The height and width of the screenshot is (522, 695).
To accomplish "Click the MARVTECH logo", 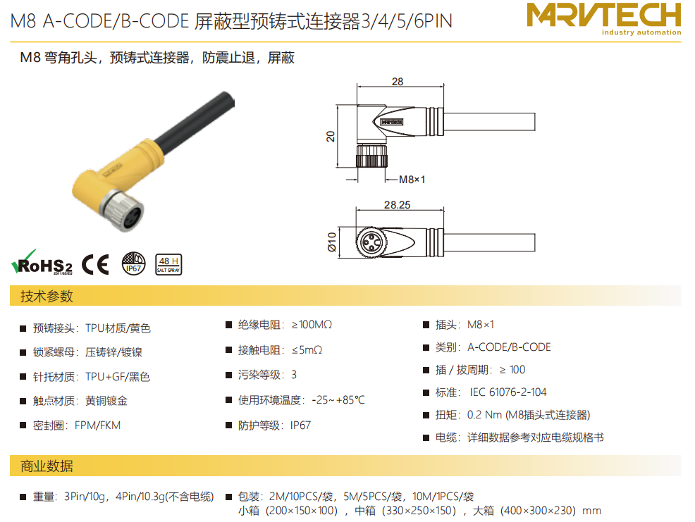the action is [x=603, y=18].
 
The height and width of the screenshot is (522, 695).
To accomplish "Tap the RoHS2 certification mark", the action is [x=42, y=262].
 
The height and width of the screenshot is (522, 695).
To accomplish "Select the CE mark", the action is [x=95, y=265].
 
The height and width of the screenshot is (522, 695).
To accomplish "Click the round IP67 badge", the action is [x=133, y=263].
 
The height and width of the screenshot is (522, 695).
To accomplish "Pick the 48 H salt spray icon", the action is [x=168, y=265].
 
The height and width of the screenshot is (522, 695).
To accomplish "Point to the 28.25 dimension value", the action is [x=397, y=205].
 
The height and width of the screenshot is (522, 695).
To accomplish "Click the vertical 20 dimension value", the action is [x=331, y=136].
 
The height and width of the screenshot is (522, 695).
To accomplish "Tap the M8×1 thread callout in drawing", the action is [x=412, y=180].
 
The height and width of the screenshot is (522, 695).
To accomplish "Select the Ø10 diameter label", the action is [x=331, y=242].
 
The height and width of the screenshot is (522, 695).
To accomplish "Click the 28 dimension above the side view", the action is [x=398, y=82].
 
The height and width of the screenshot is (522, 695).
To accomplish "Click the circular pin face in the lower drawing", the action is [x=371, y=242].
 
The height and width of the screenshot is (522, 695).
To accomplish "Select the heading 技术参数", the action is [x=47, y=296].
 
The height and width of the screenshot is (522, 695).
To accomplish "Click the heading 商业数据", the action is [x=47, y=466].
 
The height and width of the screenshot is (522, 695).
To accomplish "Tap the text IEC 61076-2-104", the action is [x=508, y=392].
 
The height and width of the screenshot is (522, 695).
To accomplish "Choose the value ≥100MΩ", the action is [x=312, y=325].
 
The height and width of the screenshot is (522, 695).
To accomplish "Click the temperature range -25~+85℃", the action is [x=338, y=400].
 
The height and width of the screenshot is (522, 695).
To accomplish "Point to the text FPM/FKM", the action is [x=97, y=425].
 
